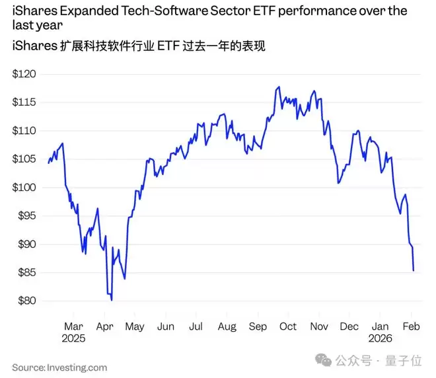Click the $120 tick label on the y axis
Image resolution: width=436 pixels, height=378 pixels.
[24, 74]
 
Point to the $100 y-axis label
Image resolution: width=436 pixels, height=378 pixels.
[24, 188]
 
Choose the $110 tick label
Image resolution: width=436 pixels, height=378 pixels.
[24, 131]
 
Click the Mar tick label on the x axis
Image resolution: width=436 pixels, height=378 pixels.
[74, 326]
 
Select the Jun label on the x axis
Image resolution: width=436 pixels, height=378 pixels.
[165, 326]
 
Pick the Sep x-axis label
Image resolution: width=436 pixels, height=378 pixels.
[258, 326]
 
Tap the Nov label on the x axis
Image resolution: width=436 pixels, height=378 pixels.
[319, 326]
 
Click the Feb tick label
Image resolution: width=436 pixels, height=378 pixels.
[411, 326]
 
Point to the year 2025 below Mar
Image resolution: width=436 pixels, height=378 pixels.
[74, 338]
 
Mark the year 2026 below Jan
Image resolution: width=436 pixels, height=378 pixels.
[380, 338]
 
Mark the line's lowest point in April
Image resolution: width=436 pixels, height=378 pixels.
[112, 300]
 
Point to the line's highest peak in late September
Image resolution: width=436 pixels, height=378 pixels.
[279, 87]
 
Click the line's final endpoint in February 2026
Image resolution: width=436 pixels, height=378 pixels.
[414, 270]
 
